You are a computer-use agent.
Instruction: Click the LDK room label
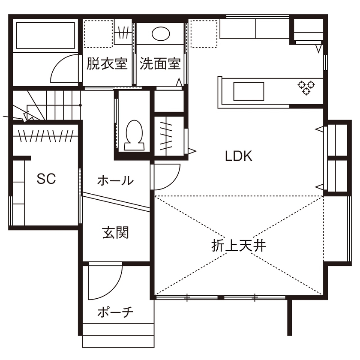coord(239,156)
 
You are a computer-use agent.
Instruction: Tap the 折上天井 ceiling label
coord(239,246)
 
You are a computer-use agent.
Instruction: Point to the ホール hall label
coord(116,181)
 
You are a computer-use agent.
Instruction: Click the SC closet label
coord(46,179)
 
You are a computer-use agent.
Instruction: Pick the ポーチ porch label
coord(116,312)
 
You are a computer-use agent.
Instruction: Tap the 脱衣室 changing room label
coord(107,64)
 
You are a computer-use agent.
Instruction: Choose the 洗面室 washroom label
coord(160,64)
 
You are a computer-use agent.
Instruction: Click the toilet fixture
coord(133,134)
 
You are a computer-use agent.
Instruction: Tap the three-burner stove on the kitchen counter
coord(304,87)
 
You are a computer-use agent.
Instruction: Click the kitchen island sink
coord(249,90)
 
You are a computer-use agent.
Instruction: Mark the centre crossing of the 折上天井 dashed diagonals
coord(239,246)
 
